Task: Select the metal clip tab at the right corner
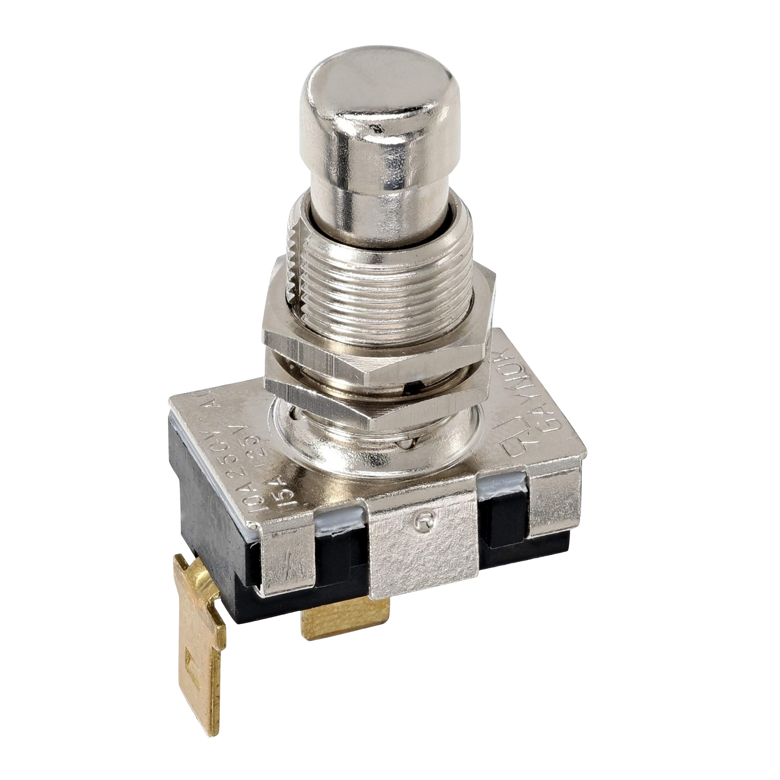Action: (x=553, y=505)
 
